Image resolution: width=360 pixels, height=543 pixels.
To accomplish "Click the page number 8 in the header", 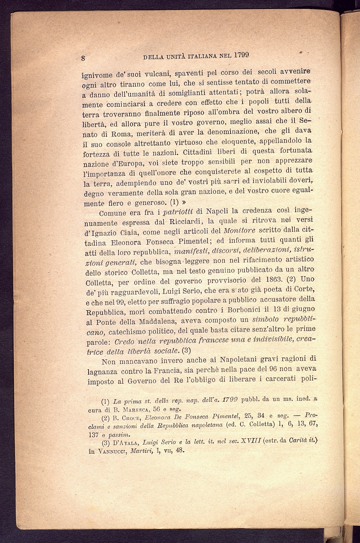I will click(x=83, y=58).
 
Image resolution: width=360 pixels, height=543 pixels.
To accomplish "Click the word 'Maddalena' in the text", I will click(x=160, y=322).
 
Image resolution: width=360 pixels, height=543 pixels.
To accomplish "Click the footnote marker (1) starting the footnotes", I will click(x=106, y=401).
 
